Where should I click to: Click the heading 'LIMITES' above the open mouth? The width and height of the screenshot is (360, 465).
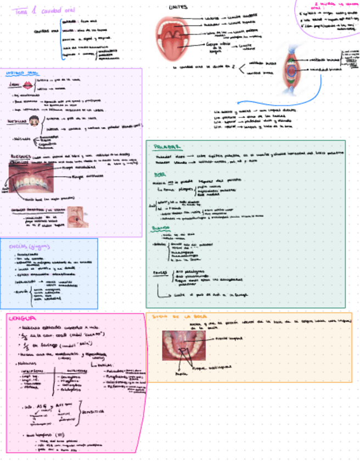pos(178,7)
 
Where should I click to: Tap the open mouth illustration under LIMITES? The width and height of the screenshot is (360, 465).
pos(170,39)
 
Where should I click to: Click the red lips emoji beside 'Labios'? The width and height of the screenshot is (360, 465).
pos(27,84)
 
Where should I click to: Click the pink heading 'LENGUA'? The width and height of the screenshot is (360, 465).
pos(22,319)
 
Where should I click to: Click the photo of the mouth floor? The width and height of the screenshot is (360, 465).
pos(183,345)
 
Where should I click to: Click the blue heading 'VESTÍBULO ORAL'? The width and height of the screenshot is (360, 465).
pos(21,72)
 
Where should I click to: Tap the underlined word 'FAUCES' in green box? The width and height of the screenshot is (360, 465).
pos(159,271)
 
